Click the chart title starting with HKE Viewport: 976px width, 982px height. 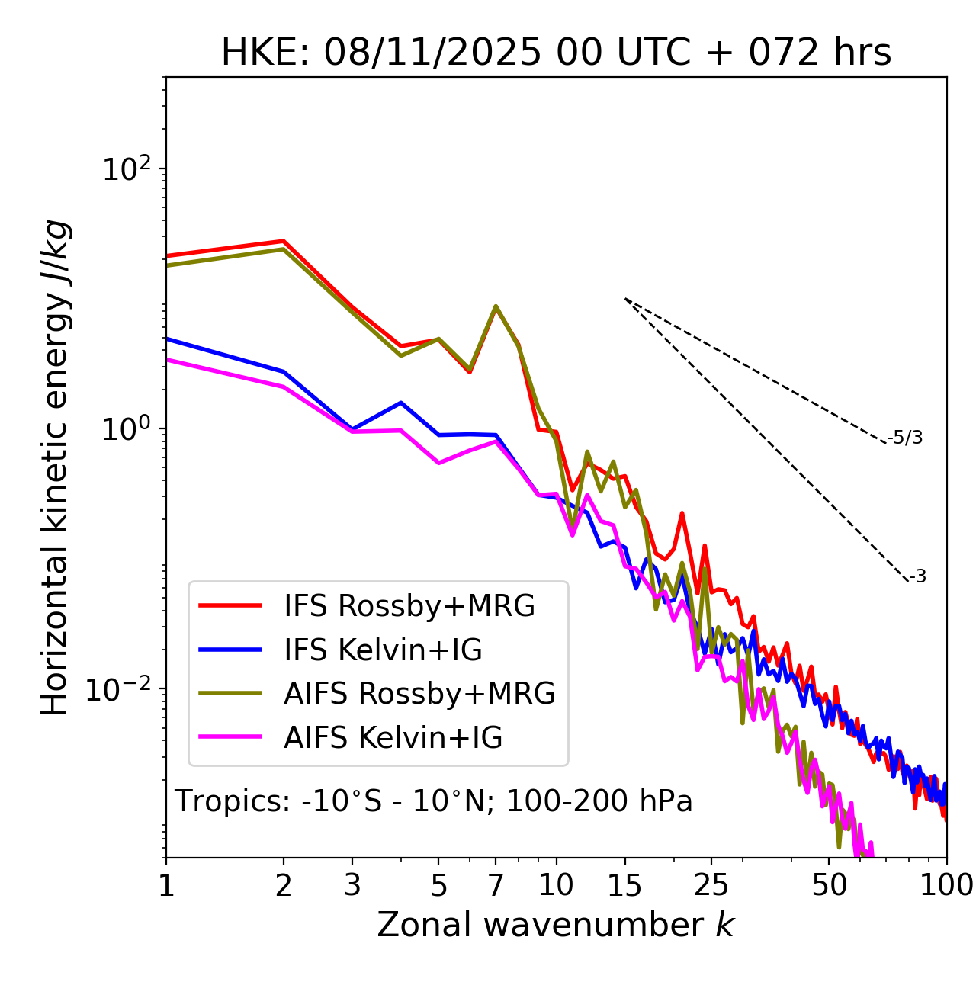tap(556, 53)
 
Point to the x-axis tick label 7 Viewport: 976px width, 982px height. tap(496, 884)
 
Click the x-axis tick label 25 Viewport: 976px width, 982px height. tap(711, 884)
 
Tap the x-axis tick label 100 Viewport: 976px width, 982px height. tap(946, 884)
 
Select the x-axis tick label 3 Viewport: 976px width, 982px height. tap(352, 884)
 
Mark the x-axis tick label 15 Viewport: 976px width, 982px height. tap(624, 884)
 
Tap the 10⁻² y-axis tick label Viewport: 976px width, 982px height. tap(122, 689)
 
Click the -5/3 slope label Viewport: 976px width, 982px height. tap(905, 438)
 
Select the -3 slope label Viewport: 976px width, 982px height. tap(917, 577)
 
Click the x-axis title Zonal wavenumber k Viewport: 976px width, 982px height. tap(556, 925)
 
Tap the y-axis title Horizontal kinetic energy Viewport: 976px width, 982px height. tap(55, 468)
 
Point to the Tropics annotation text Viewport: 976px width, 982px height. tap(433, 801)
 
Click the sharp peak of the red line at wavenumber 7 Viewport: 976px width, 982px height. tap(496, 307)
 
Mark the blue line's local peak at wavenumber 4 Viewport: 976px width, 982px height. tap(400, 403)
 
